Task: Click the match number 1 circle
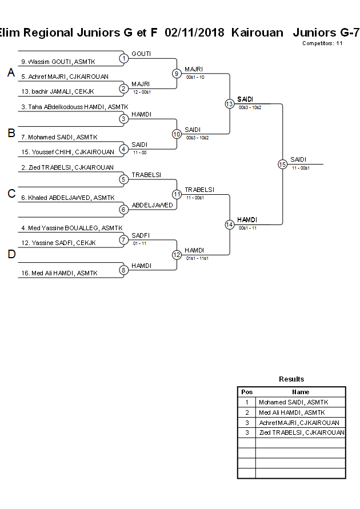tap(123, 58)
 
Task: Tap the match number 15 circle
tap(282, 164)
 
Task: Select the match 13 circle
tap(229, 104)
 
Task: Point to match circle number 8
tap(123, 270)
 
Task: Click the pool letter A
tap(11, 73)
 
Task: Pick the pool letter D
tap(11, 254)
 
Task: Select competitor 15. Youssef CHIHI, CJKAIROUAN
tap(67, 152)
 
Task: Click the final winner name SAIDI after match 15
tap(298, 159)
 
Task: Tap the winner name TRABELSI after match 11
tap(199, 190)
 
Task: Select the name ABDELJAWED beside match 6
tap(152, 205)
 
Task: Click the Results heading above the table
tap(291, 379)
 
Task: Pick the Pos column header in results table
tap(247, 392)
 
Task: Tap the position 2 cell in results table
tap(247, 412)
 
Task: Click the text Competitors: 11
tap(322, 43)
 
